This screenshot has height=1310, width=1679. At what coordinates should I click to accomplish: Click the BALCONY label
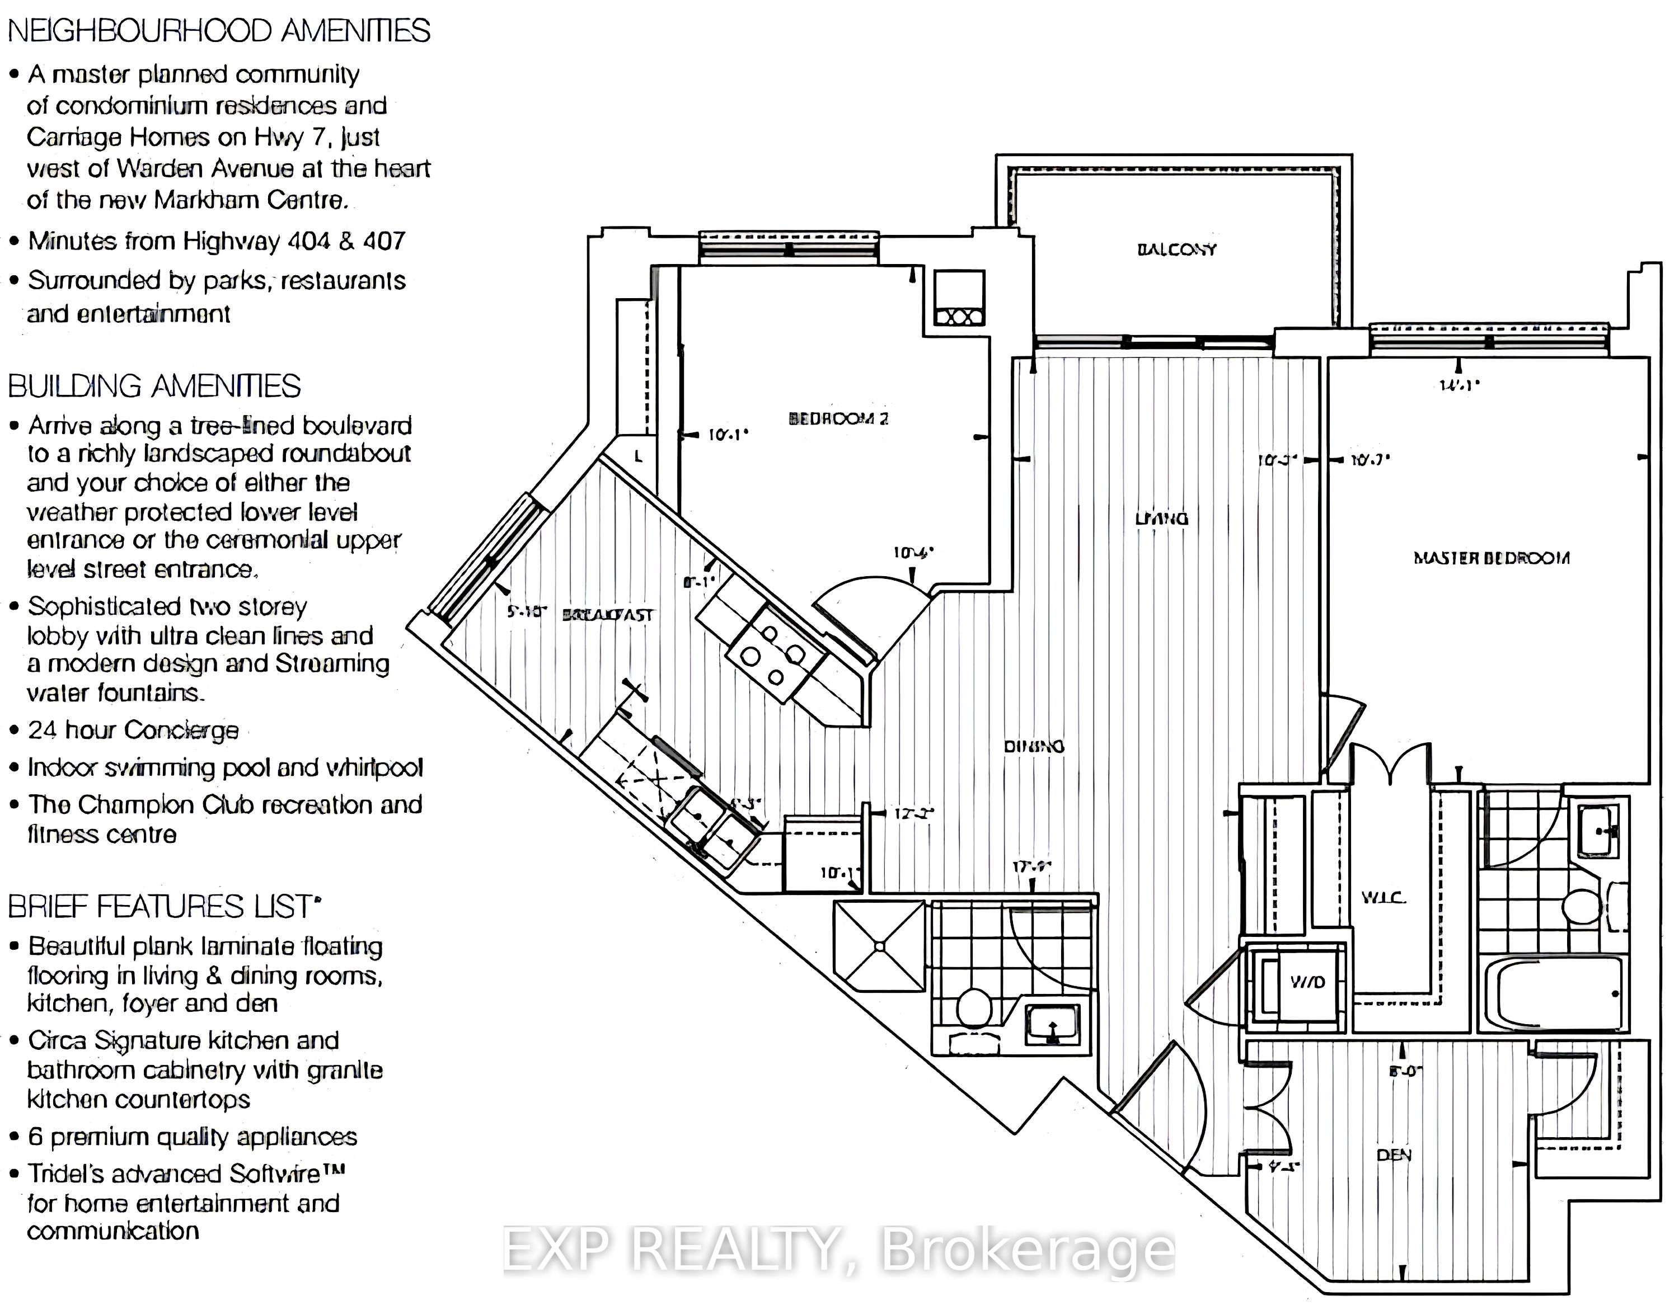(x=1176, y=249)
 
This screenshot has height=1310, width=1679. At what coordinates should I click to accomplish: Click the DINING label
(x=1034, y=746)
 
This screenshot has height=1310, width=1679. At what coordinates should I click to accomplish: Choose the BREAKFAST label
(x=608, y=615)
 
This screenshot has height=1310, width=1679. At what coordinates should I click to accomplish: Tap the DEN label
(x=1394, y=1155)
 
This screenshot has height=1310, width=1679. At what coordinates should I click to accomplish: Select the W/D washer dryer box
(x=1307, y=982)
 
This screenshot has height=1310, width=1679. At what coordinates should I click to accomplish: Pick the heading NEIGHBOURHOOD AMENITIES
(x=219, y=31)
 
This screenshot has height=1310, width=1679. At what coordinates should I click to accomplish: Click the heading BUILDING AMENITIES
(x=154, y=386)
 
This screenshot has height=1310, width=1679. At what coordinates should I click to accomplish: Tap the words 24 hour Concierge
(x=133, y=730)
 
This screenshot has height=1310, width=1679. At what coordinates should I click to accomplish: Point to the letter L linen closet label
(x=637, y=456)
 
